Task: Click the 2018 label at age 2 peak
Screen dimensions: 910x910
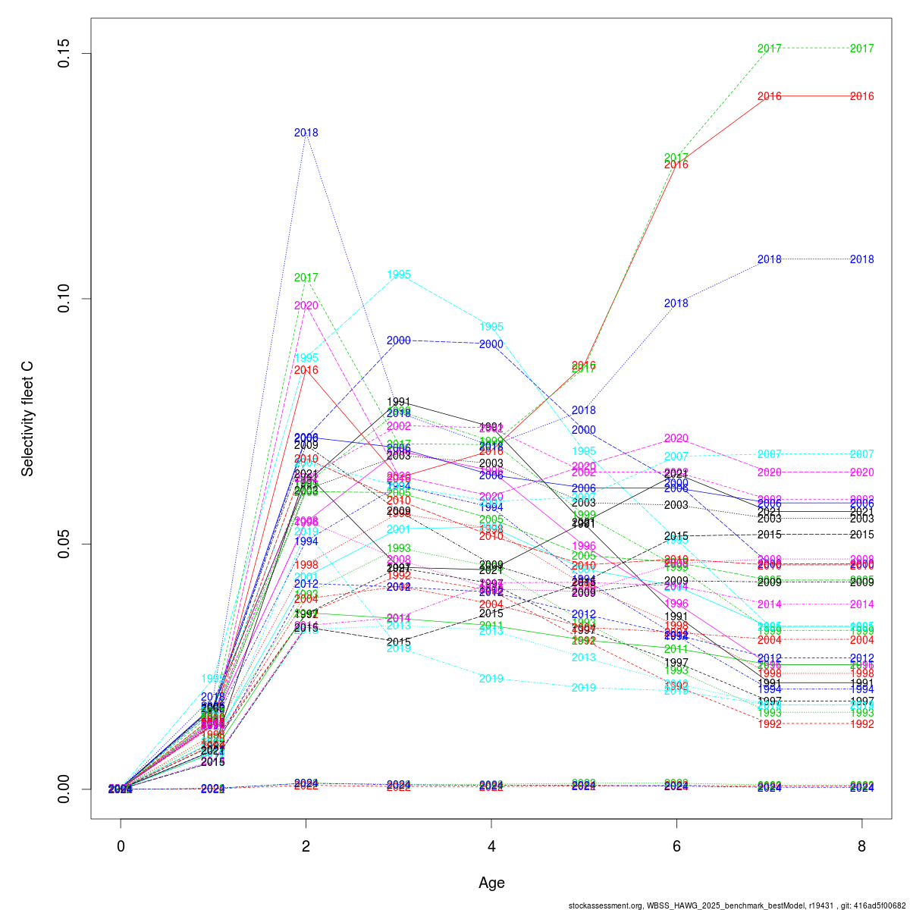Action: pyautogui.click(x=306, y=133)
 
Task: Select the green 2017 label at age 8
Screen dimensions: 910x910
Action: pyautogui.click(x=861, y=49)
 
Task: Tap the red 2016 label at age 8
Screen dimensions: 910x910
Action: pyautogui.click(x=861, y=96)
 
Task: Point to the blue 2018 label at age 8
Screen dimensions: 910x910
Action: pyautogui.click(x=861, y=259)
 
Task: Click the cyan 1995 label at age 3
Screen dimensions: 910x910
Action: pyautogui.click(x=399, y=275)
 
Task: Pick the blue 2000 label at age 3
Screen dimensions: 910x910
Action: pyautogui.click(x=399, y=340)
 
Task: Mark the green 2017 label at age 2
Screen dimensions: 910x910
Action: pyautogui.click(x=306, y=278)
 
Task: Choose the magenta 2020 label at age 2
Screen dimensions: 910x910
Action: pyautogui.click(x=306, y=306)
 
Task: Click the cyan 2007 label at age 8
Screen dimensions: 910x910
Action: pyautogui.click(x=861, y=454)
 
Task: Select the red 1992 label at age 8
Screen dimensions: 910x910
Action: pyautogui.click(x=861, y=724)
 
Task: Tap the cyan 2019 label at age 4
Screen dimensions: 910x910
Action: pyautogui.click(x=491, y=679)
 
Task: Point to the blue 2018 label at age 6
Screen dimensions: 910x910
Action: pyautogui.click(x=676, y=303)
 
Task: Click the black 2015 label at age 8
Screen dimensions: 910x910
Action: pyautogui.click(x=861, y=535)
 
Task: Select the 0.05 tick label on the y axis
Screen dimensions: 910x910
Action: pyautogui.click(x=64, y=544)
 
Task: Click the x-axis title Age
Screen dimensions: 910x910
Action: pyautogui.click(x=491, y=883)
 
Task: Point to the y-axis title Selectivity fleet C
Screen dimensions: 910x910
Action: pyautogui.click(x=27, y=419)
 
